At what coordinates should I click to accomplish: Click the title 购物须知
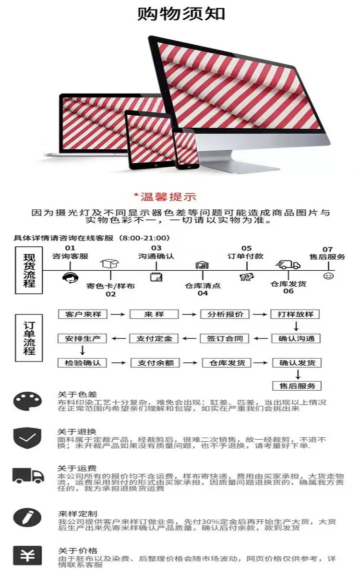[181, 13]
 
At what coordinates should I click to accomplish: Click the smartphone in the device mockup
[185, 149]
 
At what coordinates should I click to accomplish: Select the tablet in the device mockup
[149, 140]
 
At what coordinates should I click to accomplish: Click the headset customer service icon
[70, 277]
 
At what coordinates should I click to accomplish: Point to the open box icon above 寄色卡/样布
[110, 264]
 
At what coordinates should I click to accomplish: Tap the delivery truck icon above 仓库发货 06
[288, 264]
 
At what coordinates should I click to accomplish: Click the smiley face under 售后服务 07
[328, 276]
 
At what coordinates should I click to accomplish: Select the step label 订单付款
[246, 256]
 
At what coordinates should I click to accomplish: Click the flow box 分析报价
[225, 314]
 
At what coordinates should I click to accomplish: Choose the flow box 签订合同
[225, 338]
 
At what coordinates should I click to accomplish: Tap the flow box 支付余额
[156, 363]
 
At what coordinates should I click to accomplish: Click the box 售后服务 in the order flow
[297, 386]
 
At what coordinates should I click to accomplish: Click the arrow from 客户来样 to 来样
[118, 314]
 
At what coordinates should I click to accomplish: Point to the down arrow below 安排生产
[82, 350]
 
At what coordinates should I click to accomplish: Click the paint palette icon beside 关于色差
[27, 401]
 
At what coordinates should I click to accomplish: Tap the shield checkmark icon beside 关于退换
[27, 438]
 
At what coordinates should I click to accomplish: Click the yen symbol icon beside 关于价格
[27, 555]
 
